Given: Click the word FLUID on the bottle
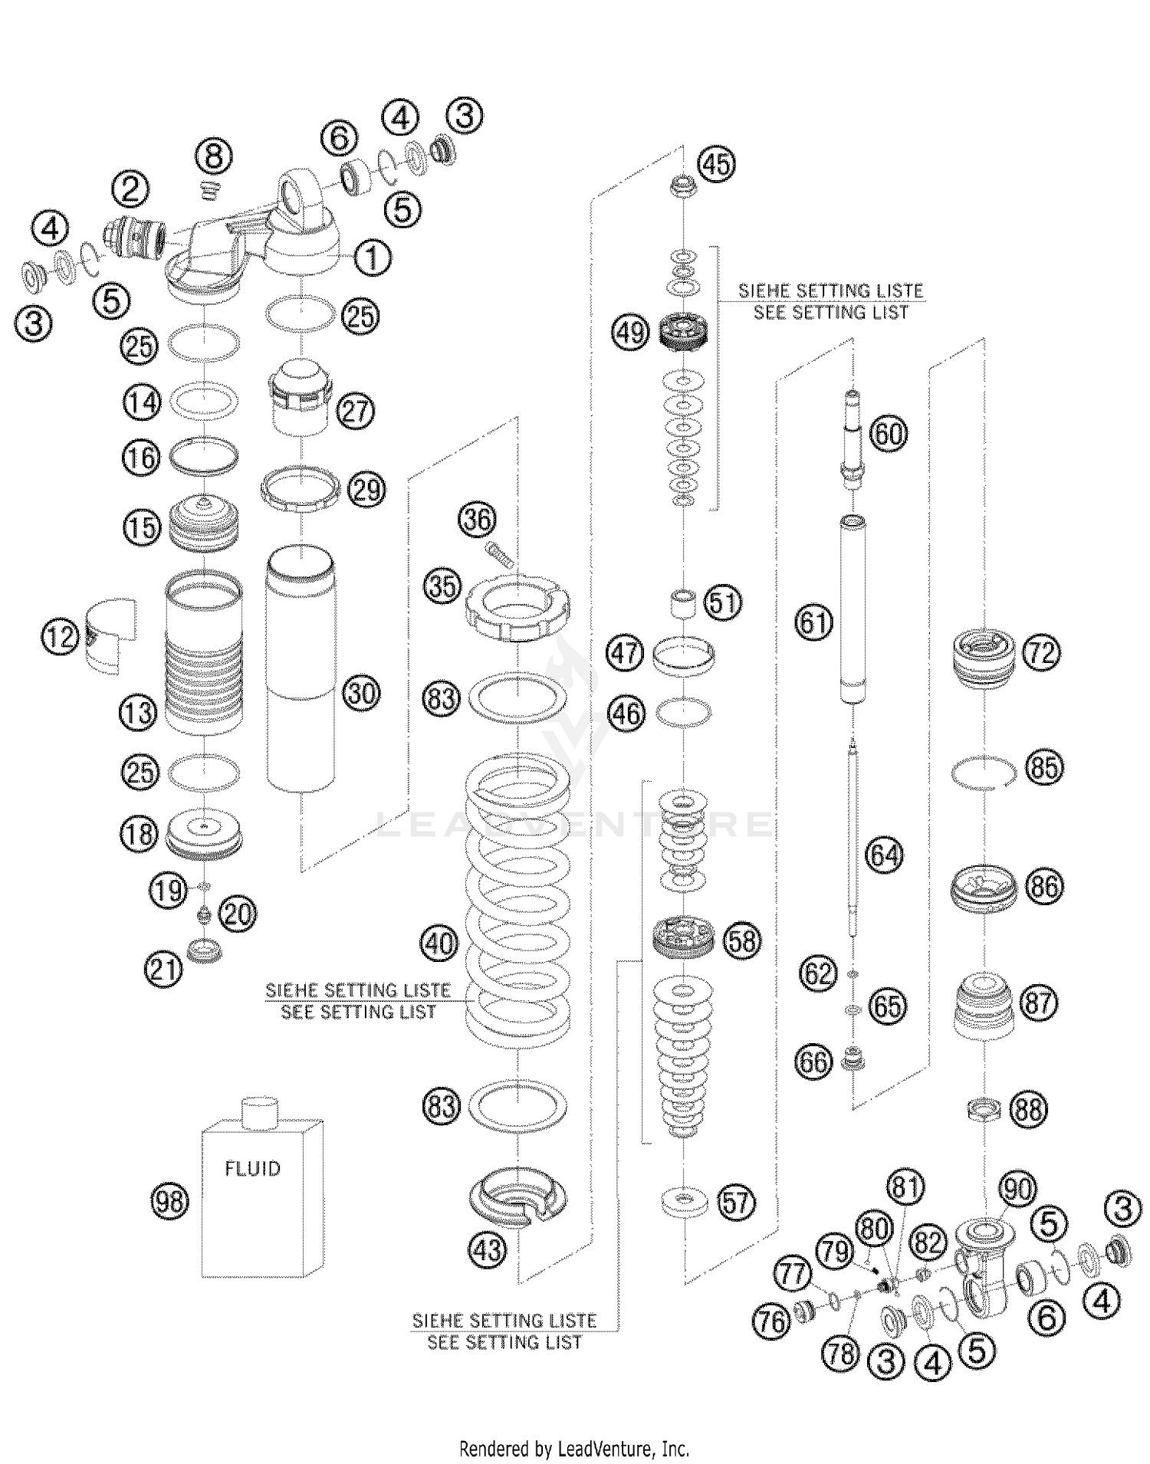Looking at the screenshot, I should coord(252,1169).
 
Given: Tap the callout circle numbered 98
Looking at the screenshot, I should coord(170,1201).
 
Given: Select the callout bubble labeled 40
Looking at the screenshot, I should coord(439,943).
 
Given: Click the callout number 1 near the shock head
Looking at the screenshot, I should coord(372,258).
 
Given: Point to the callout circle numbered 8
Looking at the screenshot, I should coord(214,157).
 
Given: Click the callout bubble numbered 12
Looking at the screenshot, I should coord(61,636).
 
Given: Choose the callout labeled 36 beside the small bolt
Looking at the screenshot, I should coord(477,520).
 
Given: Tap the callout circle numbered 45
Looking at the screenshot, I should coord(716,164).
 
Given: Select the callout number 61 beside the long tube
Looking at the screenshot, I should coord(813,621).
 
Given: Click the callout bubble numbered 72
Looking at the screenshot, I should coord(1040,653).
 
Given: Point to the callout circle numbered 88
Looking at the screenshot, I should coord(1028,1109).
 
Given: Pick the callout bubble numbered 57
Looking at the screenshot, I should coord(735,1203).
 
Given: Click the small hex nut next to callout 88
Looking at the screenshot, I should coord(984,1108).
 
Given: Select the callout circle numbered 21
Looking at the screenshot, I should coord(164,970).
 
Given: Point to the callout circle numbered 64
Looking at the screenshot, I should coord(884,855).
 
